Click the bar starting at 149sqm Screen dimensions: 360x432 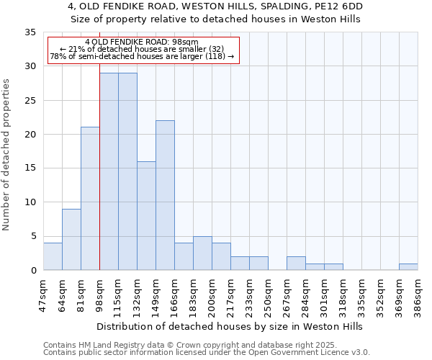click(x=165, y=195)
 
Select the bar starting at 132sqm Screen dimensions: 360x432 click(x=146, y=215)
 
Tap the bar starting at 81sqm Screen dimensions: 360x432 click(x=90, y=198)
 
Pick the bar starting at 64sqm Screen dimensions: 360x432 click(x=71, y=239)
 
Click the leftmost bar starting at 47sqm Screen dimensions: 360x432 click(x=53, y=256)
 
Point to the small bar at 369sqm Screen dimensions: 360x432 click(x=408, y=266)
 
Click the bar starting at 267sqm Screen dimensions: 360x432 click(x=296, y=263)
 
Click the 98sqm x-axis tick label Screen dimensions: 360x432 click(x=100, y=291)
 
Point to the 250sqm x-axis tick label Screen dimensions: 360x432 click(x=268, y=292)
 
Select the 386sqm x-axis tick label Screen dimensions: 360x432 click(x=418, y=292)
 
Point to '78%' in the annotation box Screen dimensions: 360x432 click(x=58, y=56)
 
